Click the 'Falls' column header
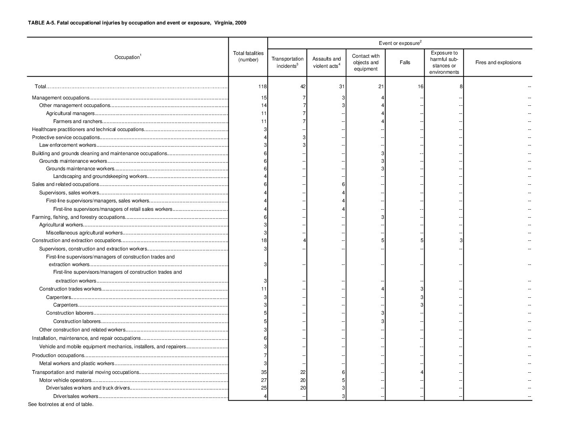[x=405, y=63]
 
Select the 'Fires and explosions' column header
[x=498, y=63]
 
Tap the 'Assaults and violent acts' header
[x=326, y=63]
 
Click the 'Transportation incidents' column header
[x=287, y=63]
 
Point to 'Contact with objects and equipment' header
[x=365, y=63]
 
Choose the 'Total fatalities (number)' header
[x=248, y=57]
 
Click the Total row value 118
[x=263, y=87]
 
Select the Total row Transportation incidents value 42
[x=303, y=87]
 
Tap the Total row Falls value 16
[x=420, y=87]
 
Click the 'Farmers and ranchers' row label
[x=78, y=121]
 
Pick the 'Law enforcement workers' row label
[x=68, y=145]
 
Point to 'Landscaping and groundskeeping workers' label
[x=100, y=176]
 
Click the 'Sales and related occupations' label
[x=65, y=184]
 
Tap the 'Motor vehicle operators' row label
[x=65, y=380]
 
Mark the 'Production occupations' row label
[x=58, y=355]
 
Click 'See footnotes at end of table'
[x=60, y=404]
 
